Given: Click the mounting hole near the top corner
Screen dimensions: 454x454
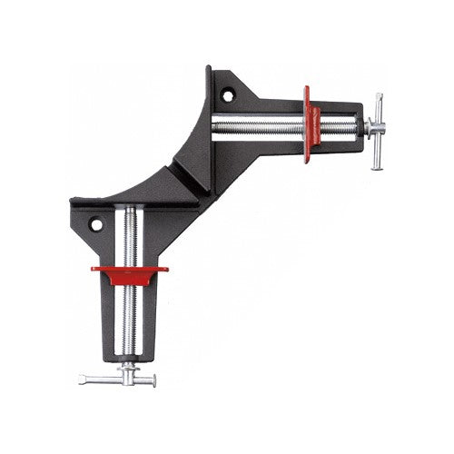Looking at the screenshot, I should coord(229,92).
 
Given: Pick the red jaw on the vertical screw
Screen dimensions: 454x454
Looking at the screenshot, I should coord(129,272).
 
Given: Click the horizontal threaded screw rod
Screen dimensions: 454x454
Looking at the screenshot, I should coord(259,125).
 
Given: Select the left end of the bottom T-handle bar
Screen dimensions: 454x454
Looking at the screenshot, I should coord(82,380).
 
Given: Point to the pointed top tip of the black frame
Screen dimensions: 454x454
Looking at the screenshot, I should coord(210,69).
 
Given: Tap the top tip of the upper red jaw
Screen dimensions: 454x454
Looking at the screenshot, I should coord(308,88).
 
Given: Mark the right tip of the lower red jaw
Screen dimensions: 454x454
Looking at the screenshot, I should coord(167,269).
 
